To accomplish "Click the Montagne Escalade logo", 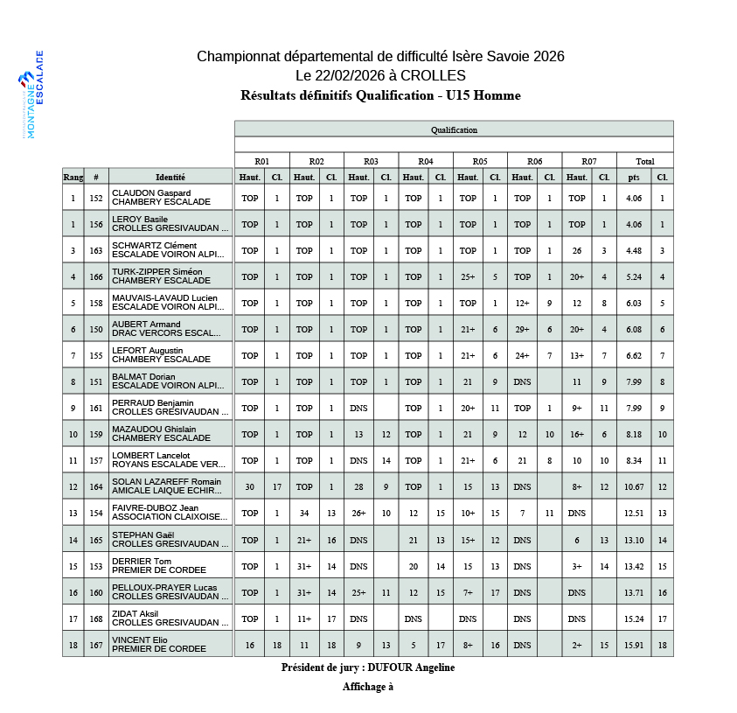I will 33,94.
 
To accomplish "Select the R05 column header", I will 480,161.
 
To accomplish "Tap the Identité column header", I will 170,177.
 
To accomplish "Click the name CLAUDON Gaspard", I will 151,193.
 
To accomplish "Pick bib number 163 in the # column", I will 96,251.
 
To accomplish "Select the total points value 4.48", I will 634,251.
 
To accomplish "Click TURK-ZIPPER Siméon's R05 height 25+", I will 468,277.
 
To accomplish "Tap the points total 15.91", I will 634,646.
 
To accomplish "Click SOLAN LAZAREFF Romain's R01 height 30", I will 250,487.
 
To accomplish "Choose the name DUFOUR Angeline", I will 411,668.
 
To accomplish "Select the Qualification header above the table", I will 454,129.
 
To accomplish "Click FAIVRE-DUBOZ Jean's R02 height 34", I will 304,514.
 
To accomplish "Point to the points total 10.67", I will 634,487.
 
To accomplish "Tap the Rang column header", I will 73,177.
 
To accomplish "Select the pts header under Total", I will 634,177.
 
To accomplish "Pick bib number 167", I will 96,646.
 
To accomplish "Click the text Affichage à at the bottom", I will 368,687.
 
